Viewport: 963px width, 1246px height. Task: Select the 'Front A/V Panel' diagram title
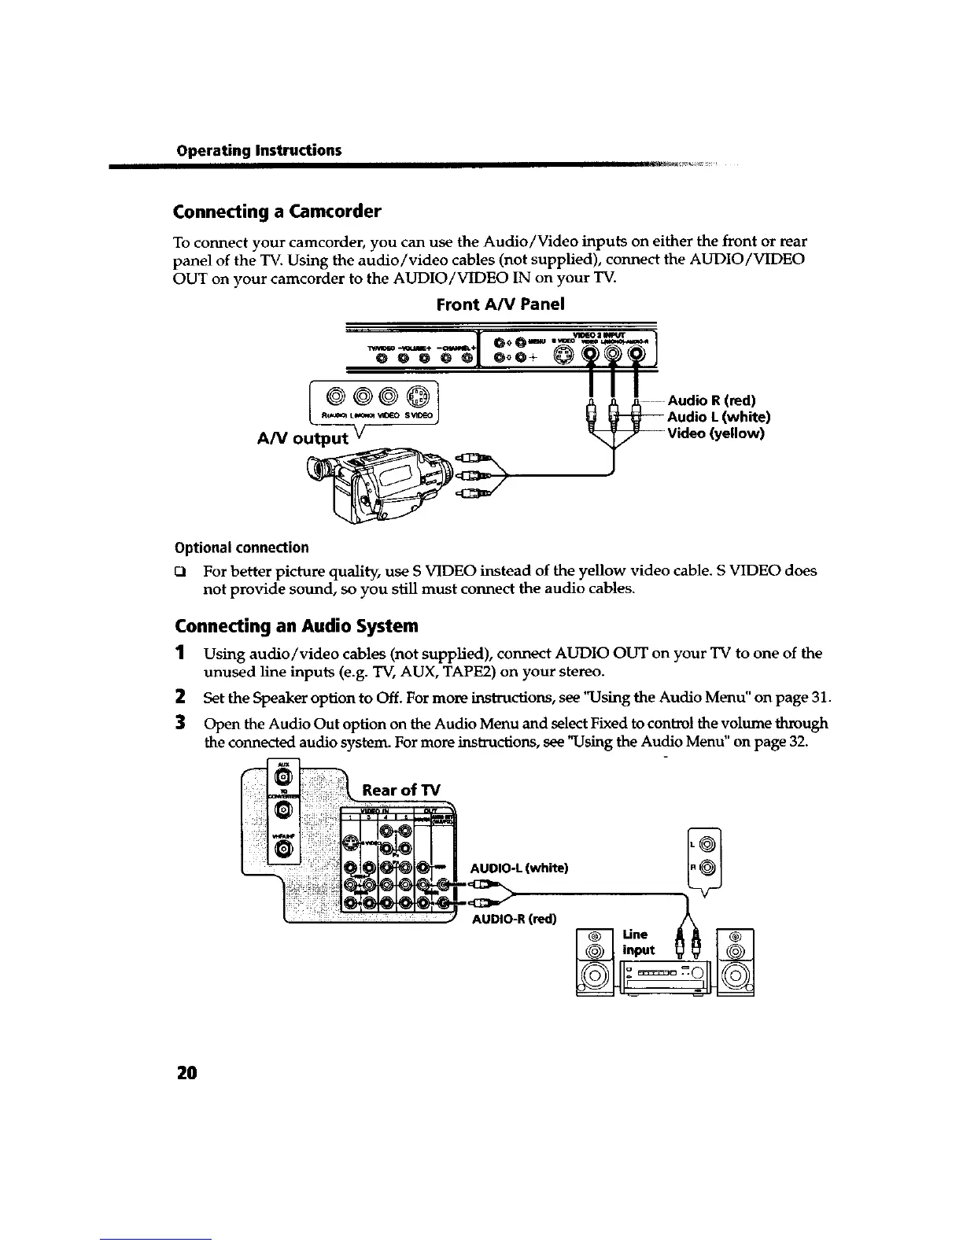tap(500, 304)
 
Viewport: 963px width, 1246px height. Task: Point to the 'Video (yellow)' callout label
tap(716, 433)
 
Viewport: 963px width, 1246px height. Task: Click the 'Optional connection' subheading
tap(241, 547)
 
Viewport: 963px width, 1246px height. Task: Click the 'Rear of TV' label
tap(401, 790)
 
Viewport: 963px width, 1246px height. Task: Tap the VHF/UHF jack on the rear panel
tap(284, 848)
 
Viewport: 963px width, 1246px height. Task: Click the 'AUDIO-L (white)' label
tap(518, 868)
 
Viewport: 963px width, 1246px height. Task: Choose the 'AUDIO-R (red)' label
tap(513, 918)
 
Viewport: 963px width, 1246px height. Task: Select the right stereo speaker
tap(736, 962)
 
